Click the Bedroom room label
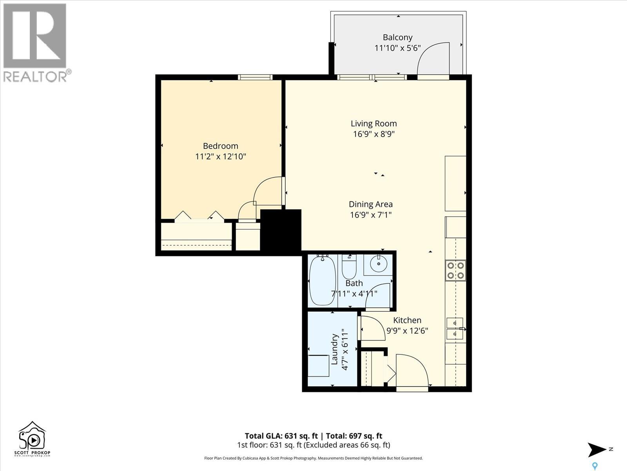[221, 146]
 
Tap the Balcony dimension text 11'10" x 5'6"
[398, 48]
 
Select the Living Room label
[373, 124]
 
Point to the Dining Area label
[371, 204]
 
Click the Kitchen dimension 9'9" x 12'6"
[407, 330]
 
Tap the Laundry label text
[335, 349]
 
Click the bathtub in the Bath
[323, 281]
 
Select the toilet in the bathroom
[349, 267]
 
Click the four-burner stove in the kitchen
[455, 270]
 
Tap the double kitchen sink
[455, 329]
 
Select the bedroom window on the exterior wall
[255, 77]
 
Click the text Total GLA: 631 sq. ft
[281, 436]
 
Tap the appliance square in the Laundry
[319, 366]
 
